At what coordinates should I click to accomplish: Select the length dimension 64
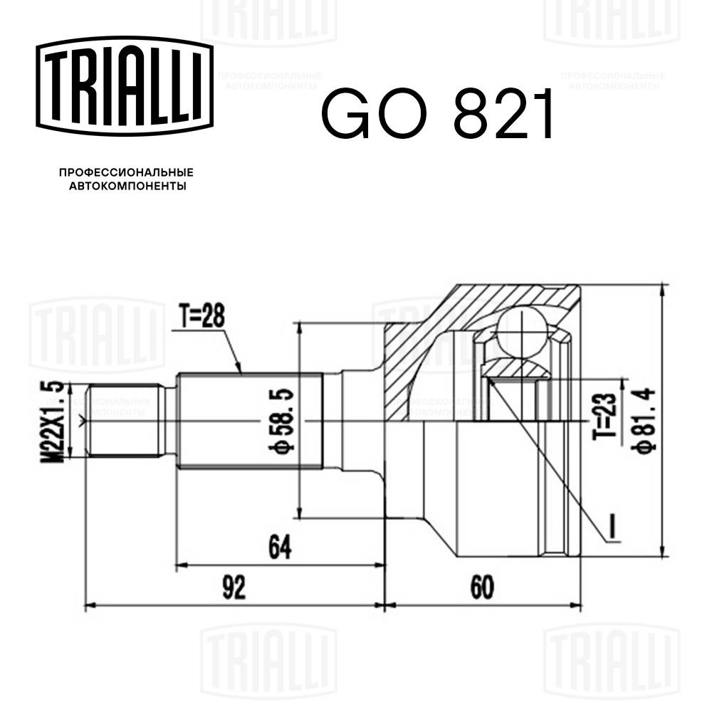pyautogui.click(x=279, y=547)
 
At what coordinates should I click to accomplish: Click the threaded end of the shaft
pyautogui.click(x=122, y=421)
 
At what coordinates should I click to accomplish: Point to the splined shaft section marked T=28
pyautogui.click(x=249, y=421)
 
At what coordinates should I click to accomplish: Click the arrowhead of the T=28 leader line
pyautogui.click(x=241, y=371)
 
